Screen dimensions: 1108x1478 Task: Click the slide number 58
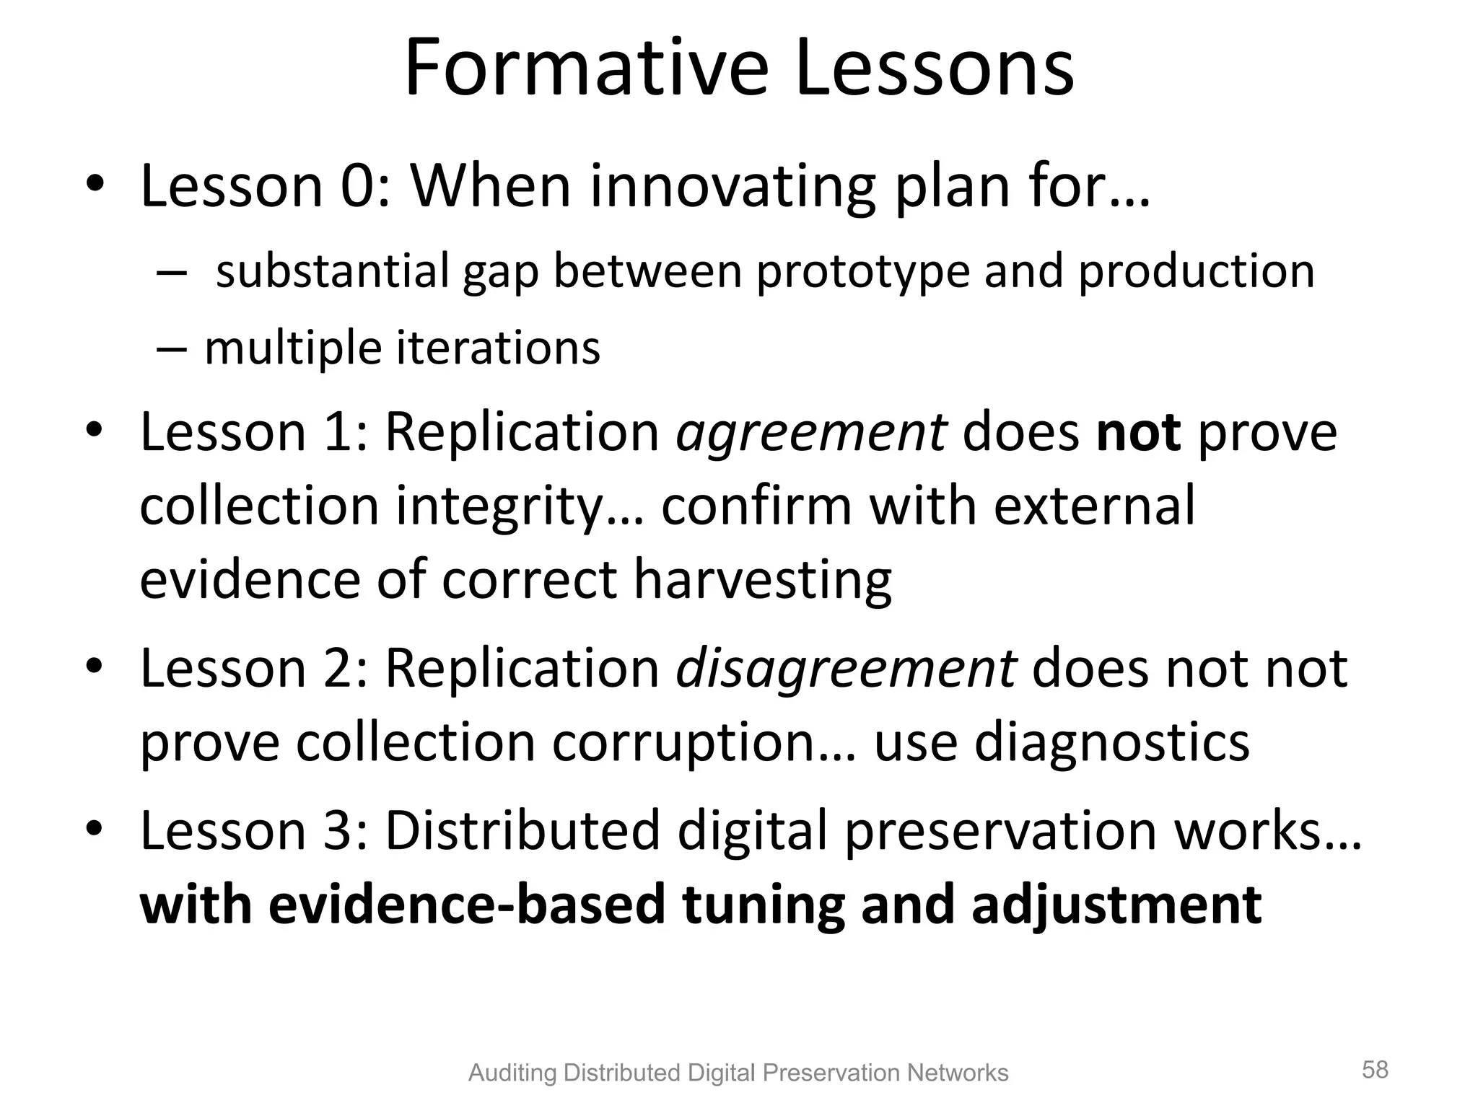coord(1375,1070)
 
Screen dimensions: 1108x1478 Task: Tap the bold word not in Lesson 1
coord(1139,433)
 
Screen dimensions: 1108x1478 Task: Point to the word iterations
coord(498,348)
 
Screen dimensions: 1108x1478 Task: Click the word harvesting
coord(763,580)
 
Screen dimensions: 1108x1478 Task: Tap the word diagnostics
coord(1112,743)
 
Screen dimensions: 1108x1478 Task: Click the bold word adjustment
coord(1116,906)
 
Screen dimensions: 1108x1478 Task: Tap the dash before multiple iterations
coord(172,349)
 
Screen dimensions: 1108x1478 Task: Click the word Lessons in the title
coord(935,69)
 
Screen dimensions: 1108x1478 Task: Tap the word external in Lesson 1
coord(1094,506)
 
